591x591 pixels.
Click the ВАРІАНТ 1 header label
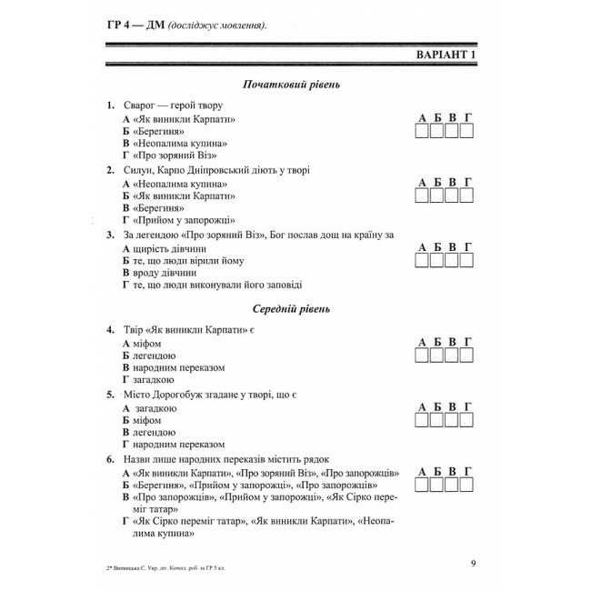446,55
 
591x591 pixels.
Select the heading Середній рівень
291,309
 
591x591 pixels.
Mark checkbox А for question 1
423,131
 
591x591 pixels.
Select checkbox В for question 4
452,355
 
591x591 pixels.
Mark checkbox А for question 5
423,421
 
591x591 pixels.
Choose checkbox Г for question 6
466,486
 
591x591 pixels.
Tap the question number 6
110,459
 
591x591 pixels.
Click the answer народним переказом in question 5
178,445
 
